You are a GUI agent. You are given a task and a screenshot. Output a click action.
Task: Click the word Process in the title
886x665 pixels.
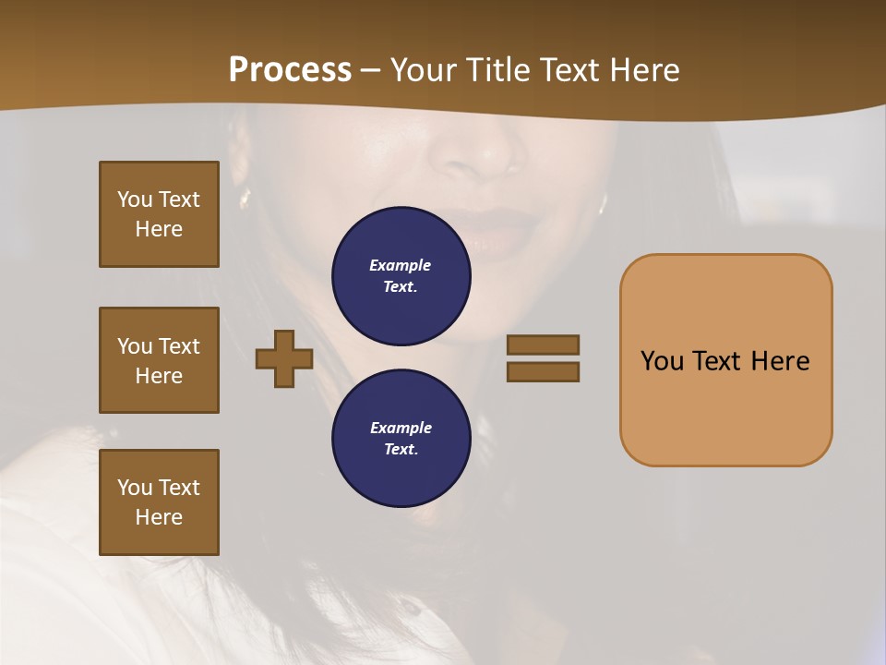tap(290, 69)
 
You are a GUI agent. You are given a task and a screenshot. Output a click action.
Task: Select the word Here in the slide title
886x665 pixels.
tap(643, 69)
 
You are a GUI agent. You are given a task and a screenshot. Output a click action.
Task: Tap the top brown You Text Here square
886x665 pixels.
tap(159, 214)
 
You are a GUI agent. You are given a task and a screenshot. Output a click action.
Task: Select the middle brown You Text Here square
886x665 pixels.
tap(159, 360)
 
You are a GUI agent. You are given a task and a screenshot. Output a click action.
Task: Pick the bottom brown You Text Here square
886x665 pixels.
tap(159, 502)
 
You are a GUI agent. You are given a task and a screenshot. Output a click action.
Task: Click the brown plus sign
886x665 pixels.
tap(284, 358)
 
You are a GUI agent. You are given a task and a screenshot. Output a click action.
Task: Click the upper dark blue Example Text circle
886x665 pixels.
tap(401, 276)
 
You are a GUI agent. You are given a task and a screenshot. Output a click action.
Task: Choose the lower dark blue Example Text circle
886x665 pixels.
tap(401, 438)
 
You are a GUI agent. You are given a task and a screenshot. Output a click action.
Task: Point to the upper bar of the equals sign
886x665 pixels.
tap(543, 345)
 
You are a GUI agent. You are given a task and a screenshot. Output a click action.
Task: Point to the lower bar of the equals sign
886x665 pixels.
tap(543, 371)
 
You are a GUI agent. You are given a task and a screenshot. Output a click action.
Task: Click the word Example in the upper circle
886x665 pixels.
tap(400, 265)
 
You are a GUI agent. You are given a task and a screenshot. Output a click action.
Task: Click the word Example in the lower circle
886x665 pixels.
tap(401, 428)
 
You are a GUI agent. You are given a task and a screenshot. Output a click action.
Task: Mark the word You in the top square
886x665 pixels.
tap(134, 199)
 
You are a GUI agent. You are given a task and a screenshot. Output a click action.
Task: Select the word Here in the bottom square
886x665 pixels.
tap(159, 517)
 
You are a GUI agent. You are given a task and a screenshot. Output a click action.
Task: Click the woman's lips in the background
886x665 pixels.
tap(503, 231)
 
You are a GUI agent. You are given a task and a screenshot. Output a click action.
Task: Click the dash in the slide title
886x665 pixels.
tap(371, 70)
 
